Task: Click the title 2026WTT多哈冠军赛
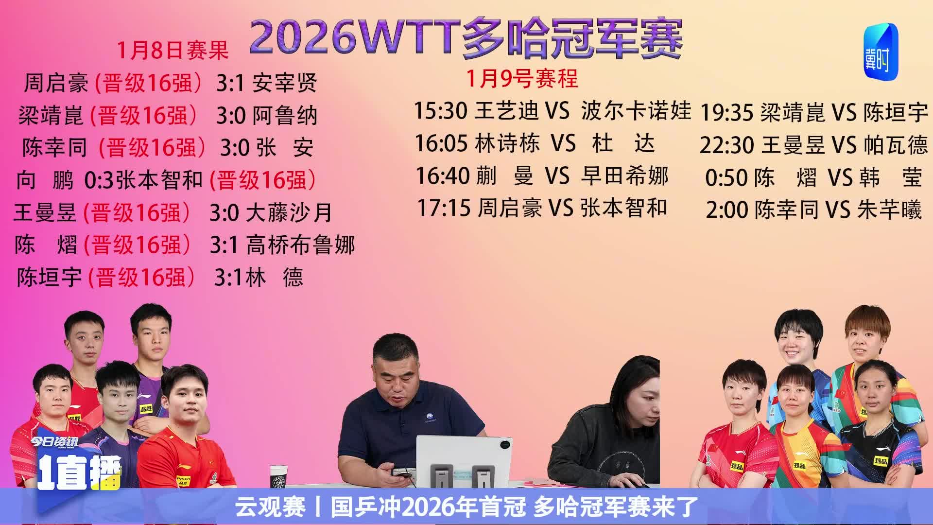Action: click(x=466, y=37)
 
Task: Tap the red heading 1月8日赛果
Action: click(x=173, y=50)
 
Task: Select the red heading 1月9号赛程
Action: click(x=522, y=78)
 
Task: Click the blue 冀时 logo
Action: click(x=881, y=52)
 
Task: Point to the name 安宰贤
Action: click(x=285, y=83)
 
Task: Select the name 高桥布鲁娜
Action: click(x=301, y=245)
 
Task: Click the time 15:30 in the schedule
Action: click(x=440, y=111)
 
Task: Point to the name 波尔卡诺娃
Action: click(x=636, y=111)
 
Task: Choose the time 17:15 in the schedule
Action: click(x=444, y=208)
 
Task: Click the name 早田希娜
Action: click(x=625, y=175)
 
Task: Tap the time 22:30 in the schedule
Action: click(x=727, y=145)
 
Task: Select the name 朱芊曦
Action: click(x=889, y=210)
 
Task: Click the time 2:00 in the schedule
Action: click(x=727, y=210)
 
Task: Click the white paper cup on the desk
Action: click(x=278, y=478)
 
